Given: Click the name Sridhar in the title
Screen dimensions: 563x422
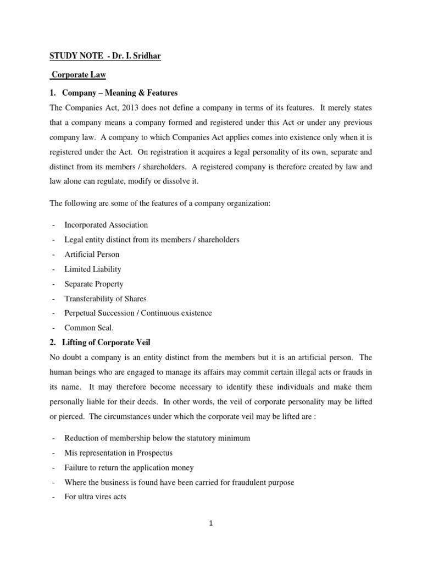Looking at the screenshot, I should pyautogui.click(x=146, y=56).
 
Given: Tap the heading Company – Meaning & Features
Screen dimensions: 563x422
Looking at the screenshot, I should pyautogui.click(x=120, y=92).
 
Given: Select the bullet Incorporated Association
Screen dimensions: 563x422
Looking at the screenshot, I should pyautogui.click(x=106, y=224).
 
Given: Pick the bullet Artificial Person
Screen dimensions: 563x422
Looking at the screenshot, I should pyautogui.click(x=92, y=254).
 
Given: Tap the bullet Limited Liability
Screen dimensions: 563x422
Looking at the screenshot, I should pyautogui.click(x=93, y=269).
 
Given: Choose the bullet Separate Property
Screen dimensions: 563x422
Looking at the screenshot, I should pyautogui.click(x=94, y=284).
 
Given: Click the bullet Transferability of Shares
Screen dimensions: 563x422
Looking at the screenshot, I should pyautogui.click(x=105, y=299).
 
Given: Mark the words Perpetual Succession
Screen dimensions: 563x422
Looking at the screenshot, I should pyautogui.click(x=101, y=313).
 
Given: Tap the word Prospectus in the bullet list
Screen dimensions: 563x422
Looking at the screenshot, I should pyautogui.click(x=153, y=452).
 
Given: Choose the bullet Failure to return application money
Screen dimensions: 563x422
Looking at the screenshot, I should pyautogui.click(x=129, y=467).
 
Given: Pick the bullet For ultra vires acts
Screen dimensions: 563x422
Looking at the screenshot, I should pyautogui.click(x=96, y=497).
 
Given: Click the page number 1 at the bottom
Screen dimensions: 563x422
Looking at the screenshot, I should pyautogui.click(x=210, y=523).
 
